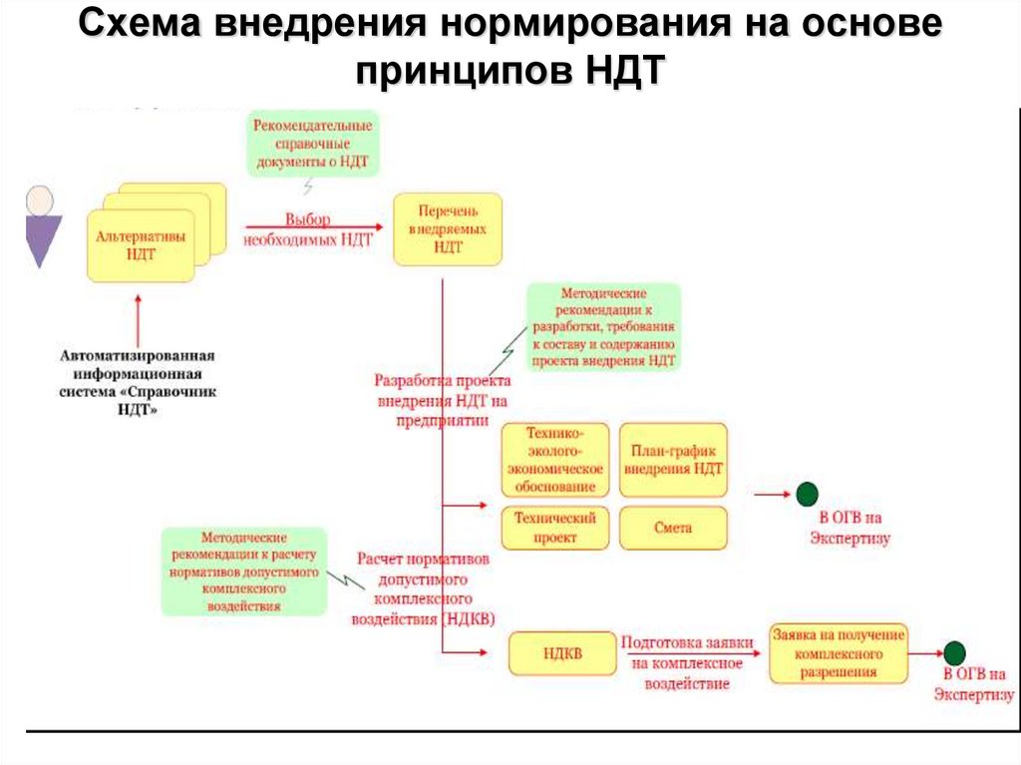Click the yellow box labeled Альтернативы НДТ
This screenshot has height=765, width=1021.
coord(142,245)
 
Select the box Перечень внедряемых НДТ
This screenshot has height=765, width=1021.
coord(448,229)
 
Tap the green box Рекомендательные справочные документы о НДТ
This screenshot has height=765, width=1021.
coord(313,143)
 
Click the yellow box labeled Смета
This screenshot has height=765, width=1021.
coord(673,528)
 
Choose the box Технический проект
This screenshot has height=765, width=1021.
coord(554,528)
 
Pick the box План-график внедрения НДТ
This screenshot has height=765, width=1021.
coord(673,460)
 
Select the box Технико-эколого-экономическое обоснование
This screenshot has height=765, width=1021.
coord(554,460)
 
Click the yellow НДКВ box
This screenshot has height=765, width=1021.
coord(562,653)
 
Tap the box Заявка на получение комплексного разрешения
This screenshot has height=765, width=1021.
coord(838,653)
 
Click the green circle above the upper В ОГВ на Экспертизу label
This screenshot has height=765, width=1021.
coord(807,494)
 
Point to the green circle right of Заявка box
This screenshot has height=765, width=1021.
coord(954,653)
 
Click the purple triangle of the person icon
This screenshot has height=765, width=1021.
coord(43,240)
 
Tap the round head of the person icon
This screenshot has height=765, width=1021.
coord(41,199)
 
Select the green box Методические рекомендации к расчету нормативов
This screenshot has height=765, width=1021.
coord(244,571)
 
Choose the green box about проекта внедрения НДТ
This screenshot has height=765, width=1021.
coord(604,327)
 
